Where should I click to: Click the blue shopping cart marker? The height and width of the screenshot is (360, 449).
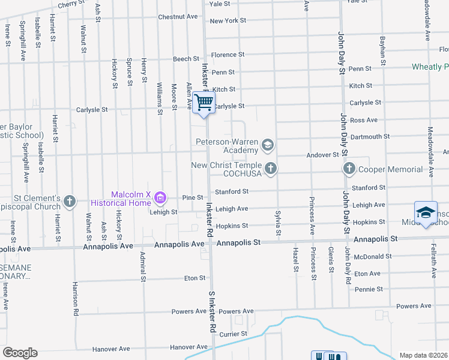(x=204, y=103)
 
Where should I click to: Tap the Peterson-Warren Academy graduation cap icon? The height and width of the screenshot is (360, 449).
(x=268, y=145)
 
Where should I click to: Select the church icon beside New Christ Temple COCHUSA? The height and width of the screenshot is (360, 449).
(x=271, y=169)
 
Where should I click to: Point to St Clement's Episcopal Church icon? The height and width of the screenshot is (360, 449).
(x=70, y=201)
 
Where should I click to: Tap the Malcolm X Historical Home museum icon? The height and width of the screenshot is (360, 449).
(x=160, y=197)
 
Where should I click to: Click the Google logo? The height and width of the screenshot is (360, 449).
(x=20, y=353)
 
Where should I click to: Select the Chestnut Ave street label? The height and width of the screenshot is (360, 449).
(x=178, y=17)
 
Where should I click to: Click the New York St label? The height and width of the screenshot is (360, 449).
(x=228, y=20)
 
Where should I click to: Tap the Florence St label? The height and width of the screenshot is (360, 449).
(x=228, y=55)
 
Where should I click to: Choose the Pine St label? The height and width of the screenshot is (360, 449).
(x=193, y=197)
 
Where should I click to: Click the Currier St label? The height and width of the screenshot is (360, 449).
(x=234, y=333)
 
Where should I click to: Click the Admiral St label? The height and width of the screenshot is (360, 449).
(x=143, y=266)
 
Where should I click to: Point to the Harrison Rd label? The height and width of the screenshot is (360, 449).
(x=76, y=299)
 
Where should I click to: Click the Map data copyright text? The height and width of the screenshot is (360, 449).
(x=423, y=355)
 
